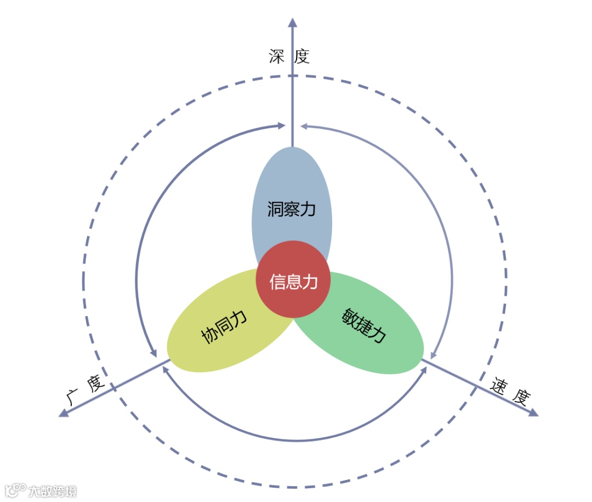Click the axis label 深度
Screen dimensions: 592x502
(289, 57)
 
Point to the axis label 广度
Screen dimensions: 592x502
(86, 391)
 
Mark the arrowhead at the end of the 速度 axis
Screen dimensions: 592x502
(533, 412)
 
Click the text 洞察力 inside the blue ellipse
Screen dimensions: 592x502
(292, 209)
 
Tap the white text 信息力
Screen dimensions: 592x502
(293, 281)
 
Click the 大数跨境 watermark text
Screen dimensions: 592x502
(53, 490)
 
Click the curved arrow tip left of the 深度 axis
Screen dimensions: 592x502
(281, 126)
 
